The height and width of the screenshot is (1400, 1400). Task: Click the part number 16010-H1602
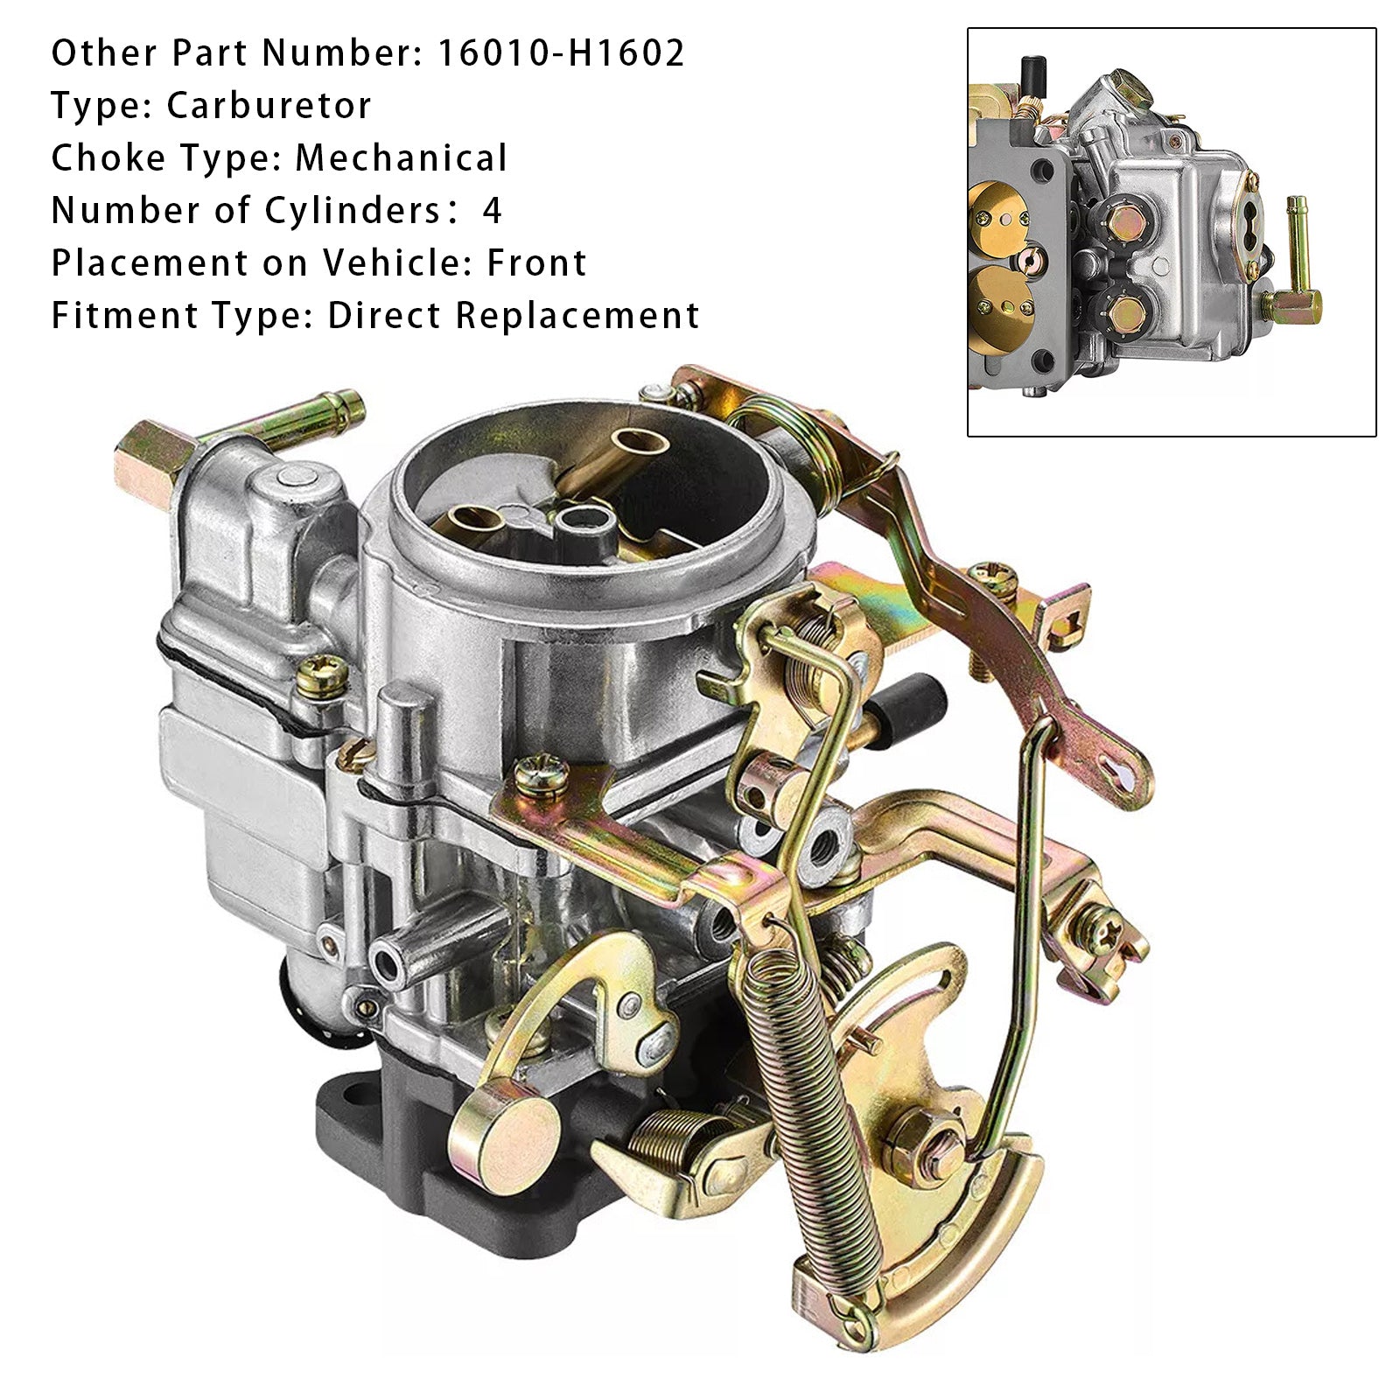561,53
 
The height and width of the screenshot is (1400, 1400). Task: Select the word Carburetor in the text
269,106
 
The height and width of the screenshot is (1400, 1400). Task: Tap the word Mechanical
401,158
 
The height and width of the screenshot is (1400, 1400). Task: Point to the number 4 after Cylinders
493,211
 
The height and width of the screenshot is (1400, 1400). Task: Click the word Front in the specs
536,263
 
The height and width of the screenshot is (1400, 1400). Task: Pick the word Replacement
577,316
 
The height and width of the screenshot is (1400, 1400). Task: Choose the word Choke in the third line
107,158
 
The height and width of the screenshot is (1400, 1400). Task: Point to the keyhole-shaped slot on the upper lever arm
1123,771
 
